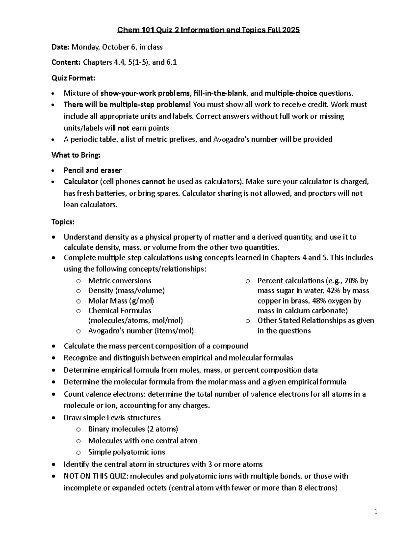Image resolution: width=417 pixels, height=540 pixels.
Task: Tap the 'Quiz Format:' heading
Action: (x=73, y=78)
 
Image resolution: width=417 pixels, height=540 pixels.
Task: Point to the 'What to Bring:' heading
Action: (x=76, y=155)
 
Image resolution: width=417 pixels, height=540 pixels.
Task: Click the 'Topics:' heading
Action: (x=63, y=221)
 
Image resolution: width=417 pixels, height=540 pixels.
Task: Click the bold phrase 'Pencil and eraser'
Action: (x=92, y=170)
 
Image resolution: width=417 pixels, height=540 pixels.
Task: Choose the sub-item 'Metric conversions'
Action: (x=120, y=281)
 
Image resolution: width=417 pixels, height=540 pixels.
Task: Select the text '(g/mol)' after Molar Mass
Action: (x=141, y=300)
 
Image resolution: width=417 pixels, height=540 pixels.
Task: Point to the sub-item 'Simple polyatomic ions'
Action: (x=126, y=452)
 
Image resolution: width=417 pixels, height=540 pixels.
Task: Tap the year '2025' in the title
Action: (x=291, y=30)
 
